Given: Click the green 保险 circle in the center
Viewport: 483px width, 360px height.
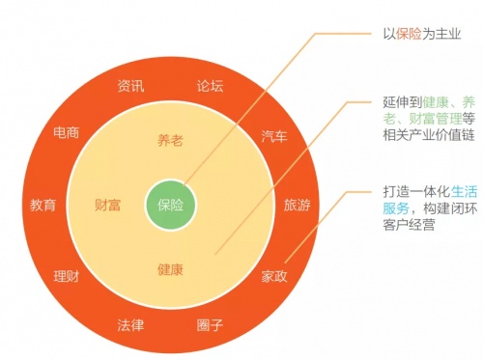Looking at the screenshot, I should [x=170, y=205].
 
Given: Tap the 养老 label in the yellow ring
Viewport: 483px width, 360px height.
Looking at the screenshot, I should [x=170, y=141].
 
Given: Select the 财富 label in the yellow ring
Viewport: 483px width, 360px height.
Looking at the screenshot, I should [x=107, y=205].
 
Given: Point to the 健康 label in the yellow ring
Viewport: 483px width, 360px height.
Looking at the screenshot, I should [x=170, y=268].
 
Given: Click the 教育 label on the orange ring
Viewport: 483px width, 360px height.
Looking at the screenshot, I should [x=43, y=205].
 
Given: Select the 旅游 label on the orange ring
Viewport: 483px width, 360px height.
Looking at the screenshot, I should [x=297, y=205].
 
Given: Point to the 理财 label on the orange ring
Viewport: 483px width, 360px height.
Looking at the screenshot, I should [x=67, y=276].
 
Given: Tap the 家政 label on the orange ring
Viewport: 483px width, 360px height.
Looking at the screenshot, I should [x=275, y=276].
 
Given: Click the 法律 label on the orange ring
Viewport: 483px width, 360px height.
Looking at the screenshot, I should [x=131, y=324].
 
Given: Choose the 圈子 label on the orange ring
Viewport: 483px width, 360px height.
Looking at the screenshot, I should [x=210, y=324].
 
